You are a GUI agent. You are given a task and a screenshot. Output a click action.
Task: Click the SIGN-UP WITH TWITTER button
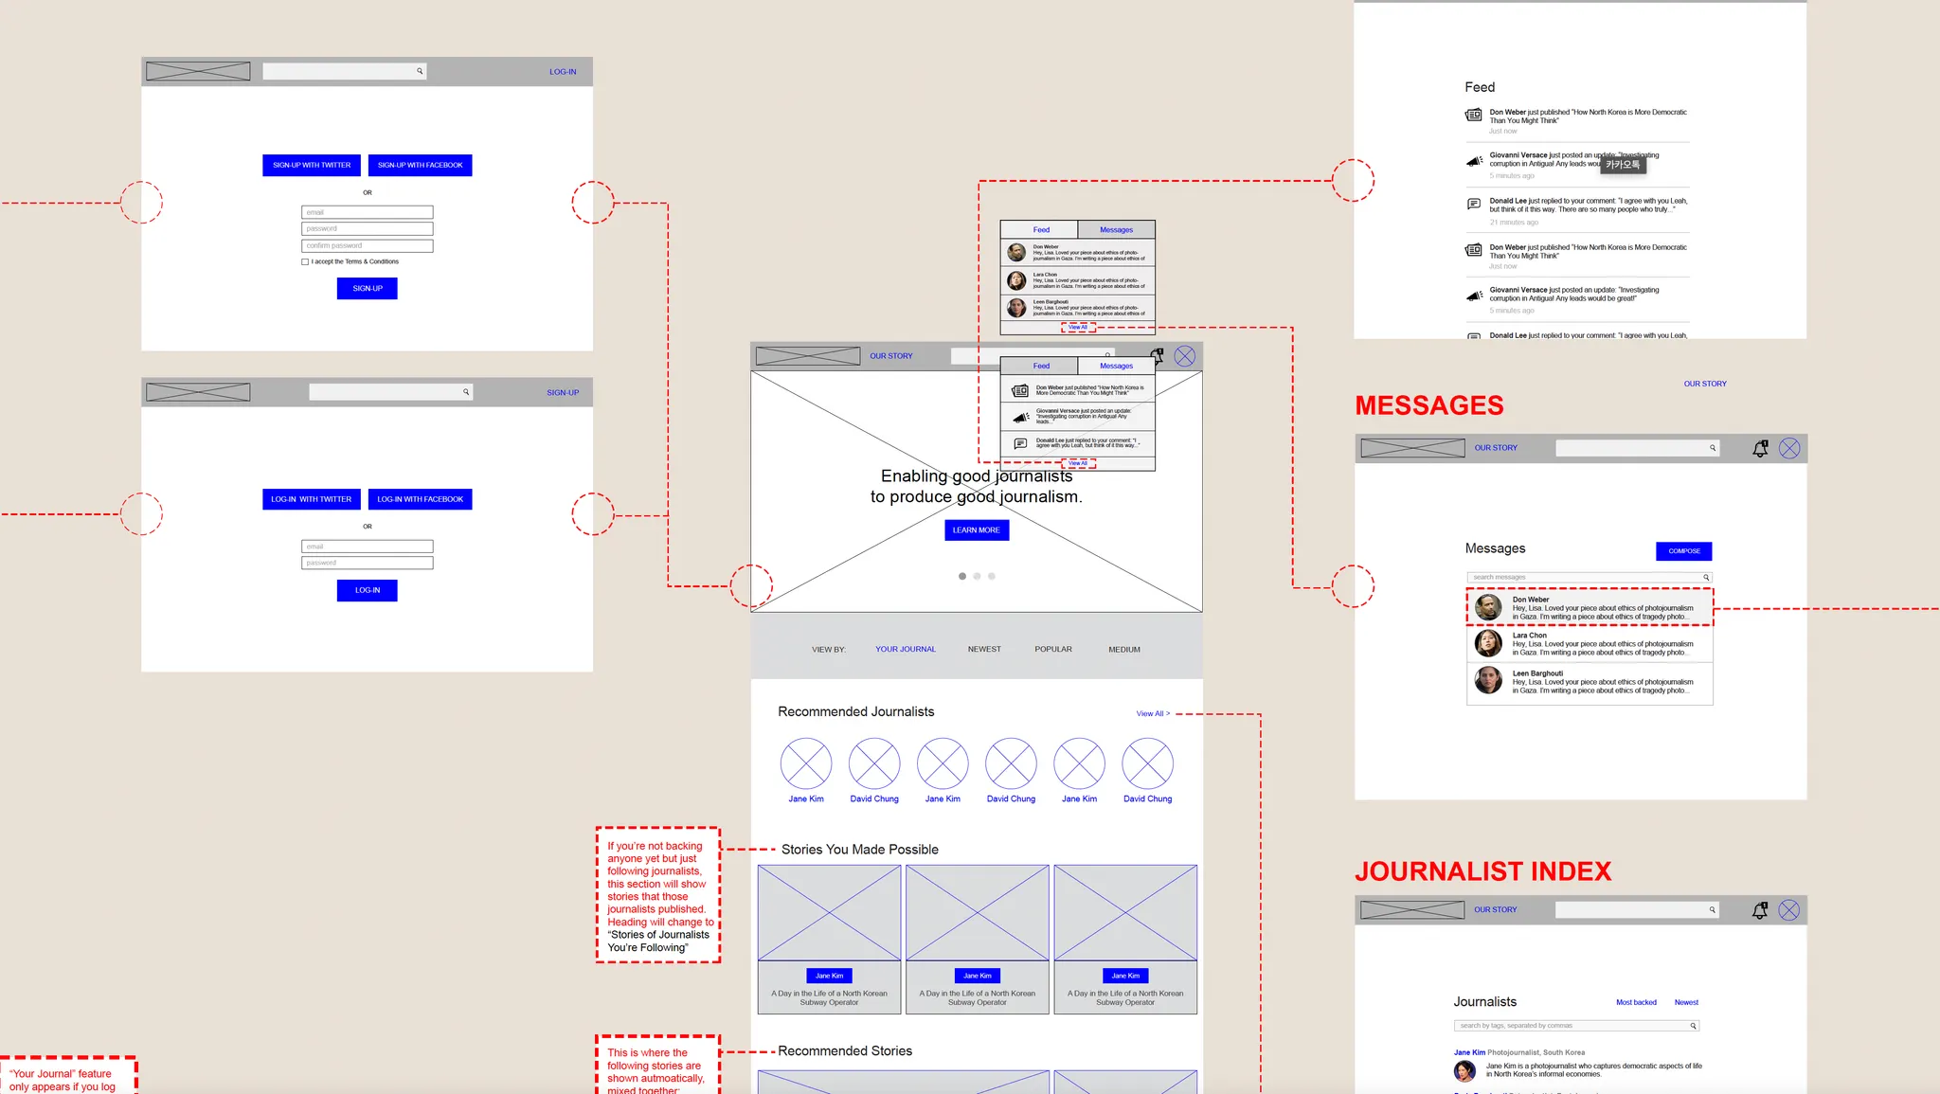312,165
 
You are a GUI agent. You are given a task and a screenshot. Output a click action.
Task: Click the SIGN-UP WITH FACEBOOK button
420,165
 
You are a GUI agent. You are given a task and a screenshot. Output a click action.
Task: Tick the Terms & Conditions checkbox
305,262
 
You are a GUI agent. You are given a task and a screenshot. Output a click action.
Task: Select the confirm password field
368,245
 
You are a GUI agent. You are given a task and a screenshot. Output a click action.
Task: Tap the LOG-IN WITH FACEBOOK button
420,499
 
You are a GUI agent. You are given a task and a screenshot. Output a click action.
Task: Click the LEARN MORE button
977,530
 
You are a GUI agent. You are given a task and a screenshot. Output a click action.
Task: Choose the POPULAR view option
1053,650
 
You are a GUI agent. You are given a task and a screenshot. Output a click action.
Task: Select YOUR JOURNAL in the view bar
906,650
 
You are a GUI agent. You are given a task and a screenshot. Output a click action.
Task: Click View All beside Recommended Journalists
1153,713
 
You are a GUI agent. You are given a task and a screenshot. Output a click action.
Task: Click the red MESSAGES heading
1429,405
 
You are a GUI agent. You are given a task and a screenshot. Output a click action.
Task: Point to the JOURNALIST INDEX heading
1483,871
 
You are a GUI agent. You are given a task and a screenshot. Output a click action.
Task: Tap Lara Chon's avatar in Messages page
1488,643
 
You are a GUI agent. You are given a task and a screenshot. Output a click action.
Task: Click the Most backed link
1636,1002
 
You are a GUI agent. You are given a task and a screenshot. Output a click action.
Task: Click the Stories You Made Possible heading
860,850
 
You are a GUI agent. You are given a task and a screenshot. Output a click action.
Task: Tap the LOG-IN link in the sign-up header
563,72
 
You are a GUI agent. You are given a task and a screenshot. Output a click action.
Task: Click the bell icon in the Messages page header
1760,449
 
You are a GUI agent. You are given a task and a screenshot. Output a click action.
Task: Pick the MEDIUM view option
1124,650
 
